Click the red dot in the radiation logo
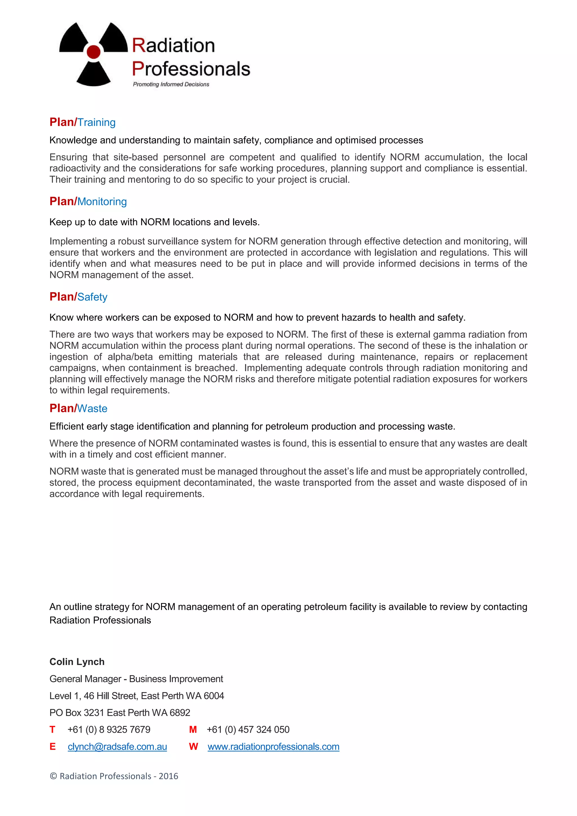point(94,52)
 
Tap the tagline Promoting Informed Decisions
point(171,84)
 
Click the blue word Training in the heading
point(97,122)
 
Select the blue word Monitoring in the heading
point(102,201)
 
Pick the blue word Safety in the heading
point(92,297)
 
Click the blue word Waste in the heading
point(92,408)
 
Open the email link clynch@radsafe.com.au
point(117,747)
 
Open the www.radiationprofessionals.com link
point(273,747)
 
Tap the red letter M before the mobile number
point(193,729)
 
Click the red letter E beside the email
point(53,747)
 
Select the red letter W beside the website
point(193,747)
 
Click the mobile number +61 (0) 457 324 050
point(248,729)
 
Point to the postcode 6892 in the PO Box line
point(180,713)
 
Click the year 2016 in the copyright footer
point(168,776)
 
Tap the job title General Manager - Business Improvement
point(136,679)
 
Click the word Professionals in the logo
point(191,69)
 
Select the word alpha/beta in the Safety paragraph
point(130,357)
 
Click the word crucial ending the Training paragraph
point(333,180)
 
